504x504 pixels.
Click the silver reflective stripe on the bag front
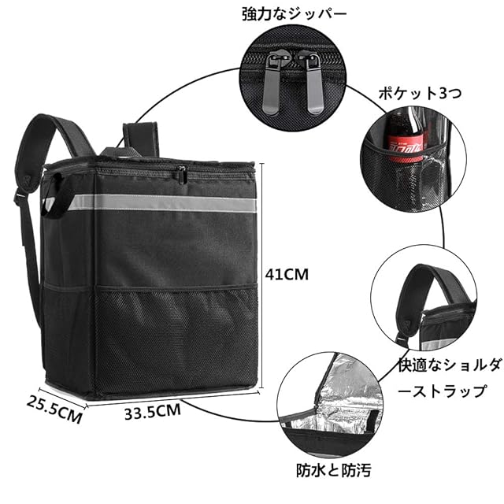(157, 202)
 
